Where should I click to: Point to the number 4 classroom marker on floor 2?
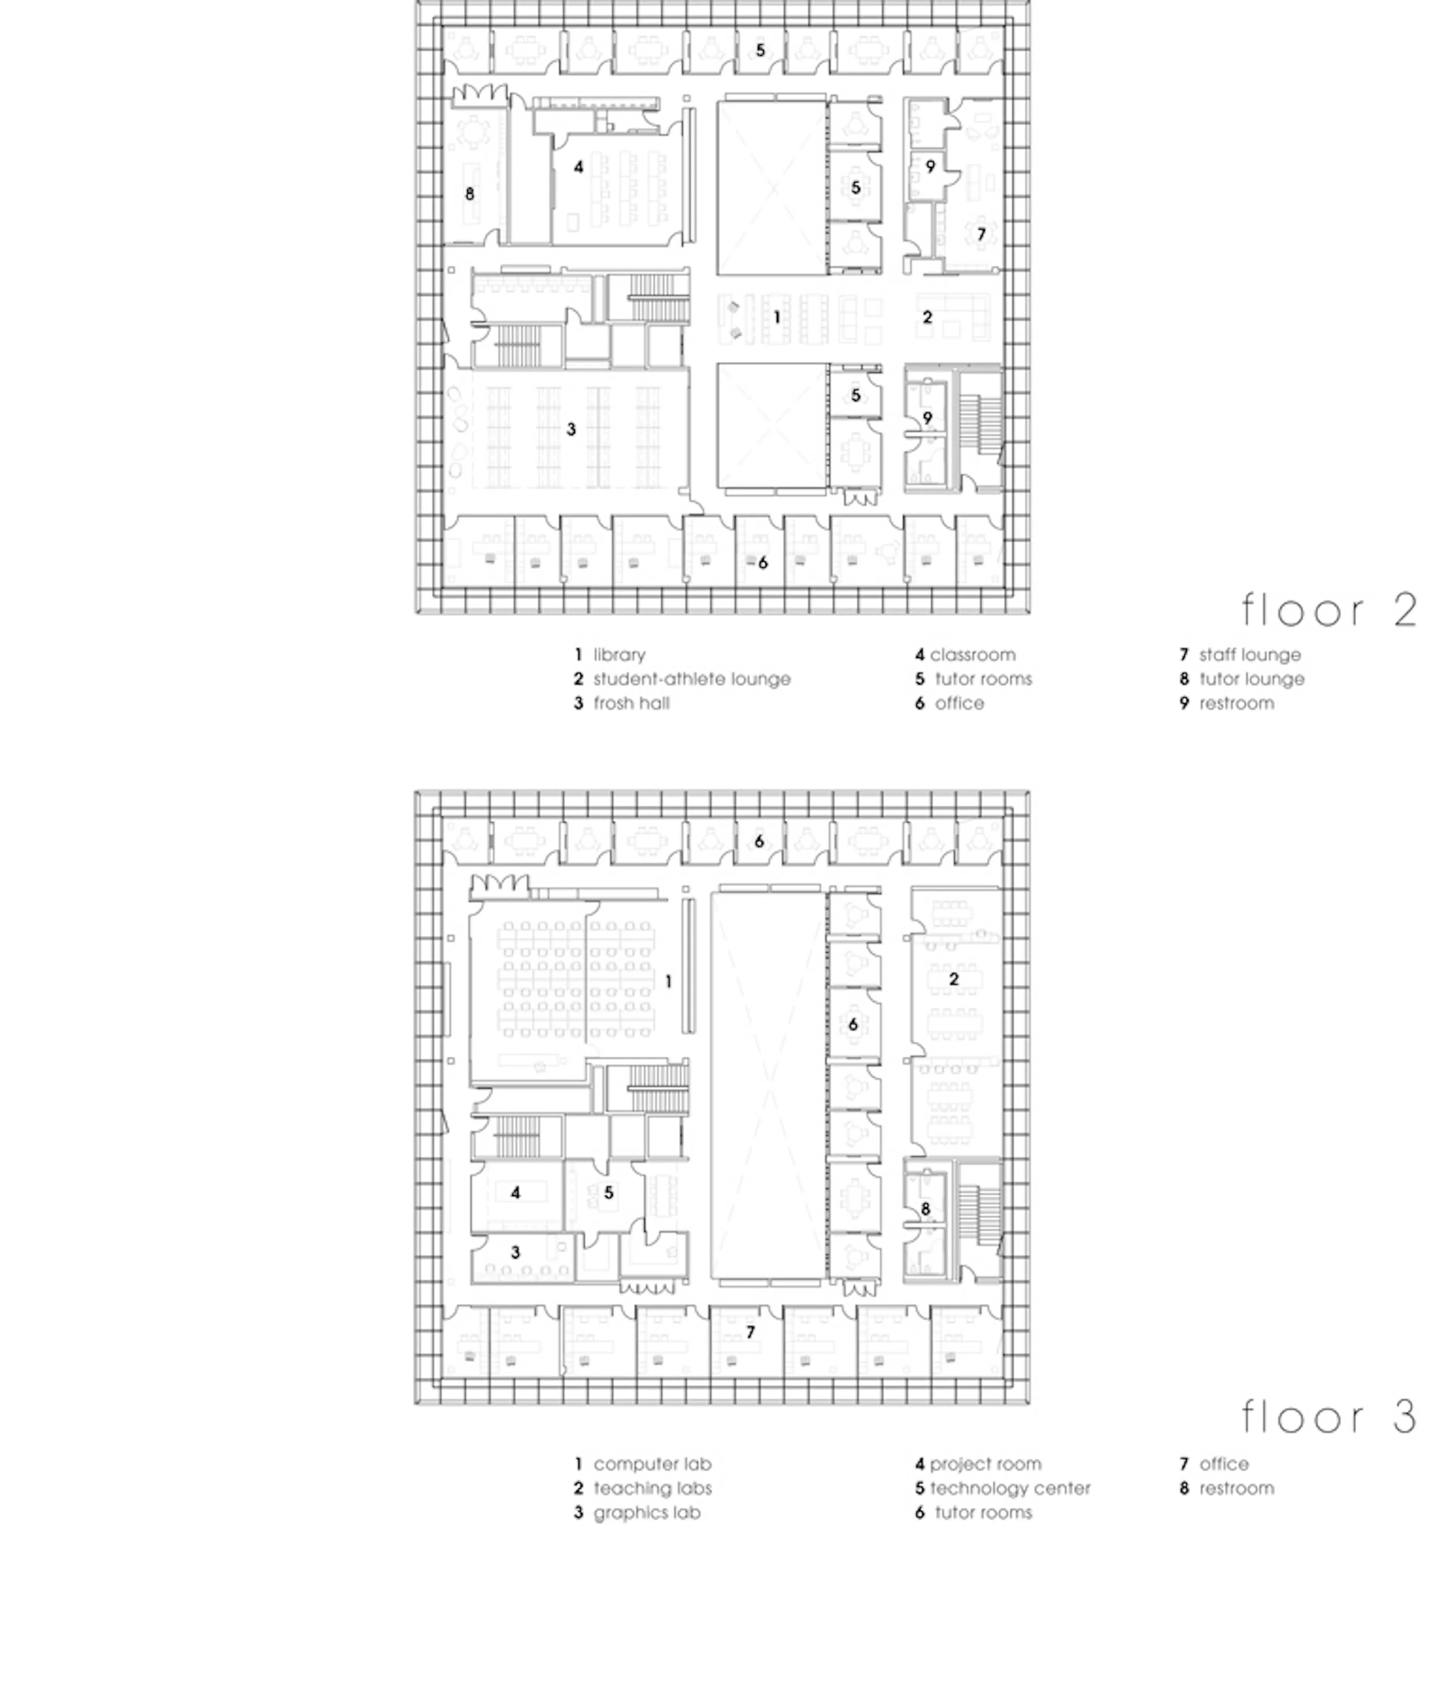tap(578, 167)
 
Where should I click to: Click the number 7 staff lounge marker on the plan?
tap(980, 235)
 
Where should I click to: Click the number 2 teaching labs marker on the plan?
tap(953, 979)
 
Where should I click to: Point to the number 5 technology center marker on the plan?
tap(608, 1192)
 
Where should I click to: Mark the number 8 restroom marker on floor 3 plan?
tap(926, 1208)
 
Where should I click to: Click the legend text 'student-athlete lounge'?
tap(691, 679)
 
